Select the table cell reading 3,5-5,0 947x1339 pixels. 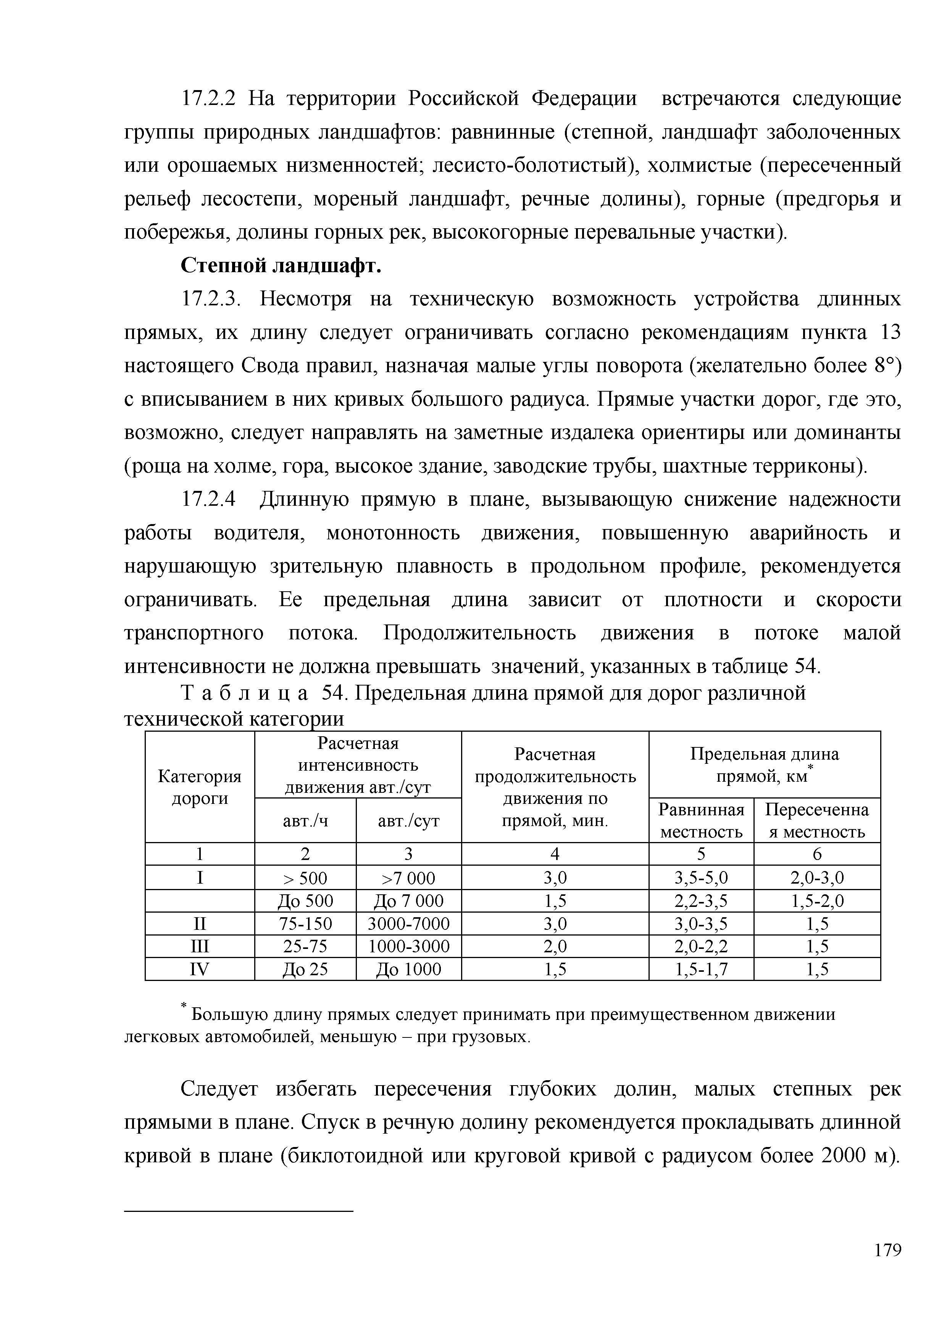click(701, 878)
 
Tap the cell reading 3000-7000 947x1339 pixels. click(408, 924)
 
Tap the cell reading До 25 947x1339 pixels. click(305, 969)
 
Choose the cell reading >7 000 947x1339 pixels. click(408, 878)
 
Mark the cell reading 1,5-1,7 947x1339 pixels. click(701, 969)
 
